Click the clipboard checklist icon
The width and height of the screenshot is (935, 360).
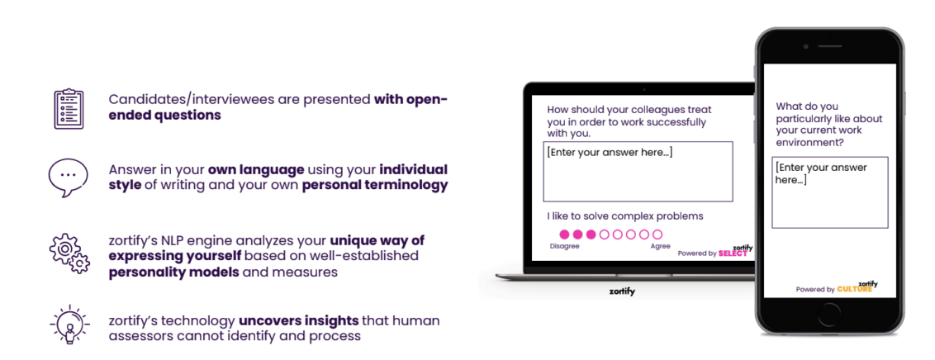pos(69,108)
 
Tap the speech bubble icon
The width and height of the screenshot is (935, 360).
pos(69,178)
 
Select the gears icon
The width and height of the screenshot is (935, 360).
pos(69,253)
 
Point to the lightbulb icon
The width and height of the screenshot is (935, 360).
pos(69,324)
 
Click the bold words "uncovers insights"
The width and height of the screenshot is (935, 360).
pos(299,320)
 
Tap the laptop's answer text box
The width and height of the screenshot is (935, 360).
pos(638,172)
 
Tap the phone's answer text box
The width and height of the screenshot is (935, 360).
pos(829,192)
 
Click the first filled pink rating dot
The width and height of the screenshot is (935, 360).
pos(564,234)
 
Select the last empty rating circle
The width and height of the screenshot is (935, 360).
pos(657,234)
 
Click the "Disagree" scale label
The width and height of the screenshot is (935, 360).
pos(564,246)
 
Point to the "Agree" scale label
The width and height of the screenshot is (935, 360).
pos(660,246)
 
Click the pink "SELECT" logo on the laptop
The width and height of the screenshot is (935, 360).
pos(733,253)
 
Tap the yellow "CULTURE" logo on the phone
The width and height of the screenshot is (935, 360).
pos(855,289)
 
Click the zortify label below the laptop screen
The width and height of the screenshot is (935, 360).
pos(622,291)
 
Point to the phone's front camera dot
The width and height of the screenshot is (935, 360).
pos(805,46)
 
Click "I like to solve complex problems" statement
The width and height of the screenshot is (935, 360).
pos(625,216)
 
